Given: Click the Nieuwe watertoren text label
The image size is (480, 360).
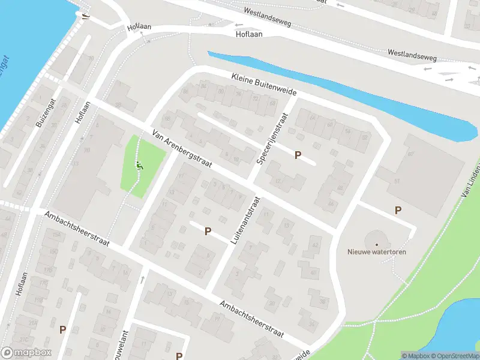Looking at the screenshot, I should coord(377,252).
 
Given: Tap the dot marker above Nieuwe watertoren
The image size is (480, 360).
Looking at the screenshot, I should coord(377,244).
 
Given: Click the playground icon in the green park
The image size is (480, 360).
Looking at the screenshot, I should coord(139,164).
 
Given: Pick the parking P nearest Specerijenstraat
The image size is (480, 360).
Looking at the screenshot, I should coord(298,155).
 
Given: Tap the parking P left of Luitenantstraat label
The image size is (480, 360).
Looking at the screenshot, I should coord(208,231).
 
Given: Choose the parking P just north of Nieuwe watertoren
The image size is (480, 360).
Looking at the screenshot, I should coord(397,210).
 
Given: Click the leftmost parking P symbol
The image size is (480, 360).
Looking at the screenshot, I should coord(62,329).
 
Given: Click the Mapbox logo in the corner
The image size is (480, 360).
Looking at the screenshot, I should coord(26,353).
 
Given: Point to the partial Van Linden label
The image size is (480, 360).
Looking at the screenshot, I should coord(471,185).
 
